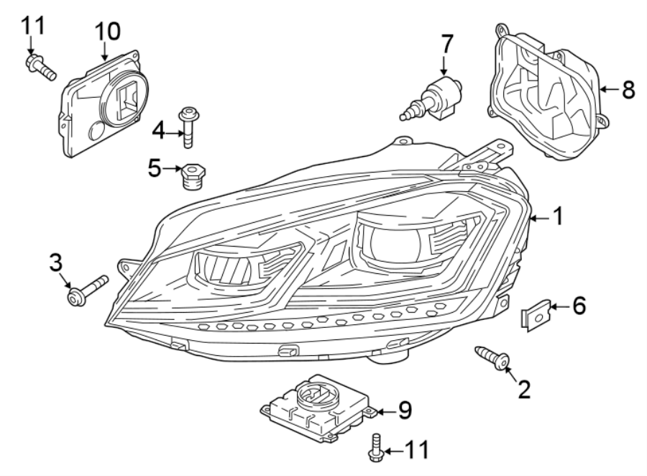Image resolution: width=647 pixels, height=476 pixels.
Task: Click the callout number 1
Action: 558,216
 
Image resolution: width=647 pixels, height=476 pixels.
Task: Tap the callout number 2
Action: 524,388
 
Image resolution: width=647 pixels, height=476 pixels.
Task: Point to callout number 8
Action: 628,90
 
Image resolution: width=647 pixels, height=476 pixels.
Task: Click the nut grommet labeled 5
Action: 192,175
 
